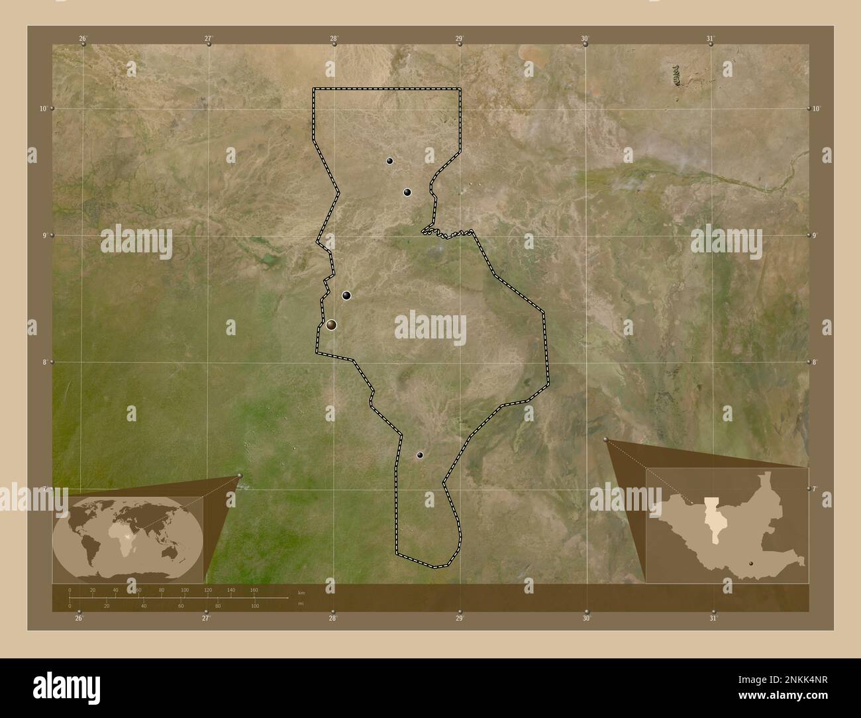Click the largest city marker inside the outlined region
331,325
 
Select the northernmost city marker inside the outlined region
390,160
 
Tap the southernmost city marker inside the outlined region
420,455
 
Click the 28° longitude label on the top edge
334,38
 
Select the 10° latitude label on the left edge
43,108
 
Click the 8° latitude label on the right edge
815,362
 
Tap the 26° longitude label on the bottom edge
79,619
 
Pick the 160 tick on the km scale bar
254,590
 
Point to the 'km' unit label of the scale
301,592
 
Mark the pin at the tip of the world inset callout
239,476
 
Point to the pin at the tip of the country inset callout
606,439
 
